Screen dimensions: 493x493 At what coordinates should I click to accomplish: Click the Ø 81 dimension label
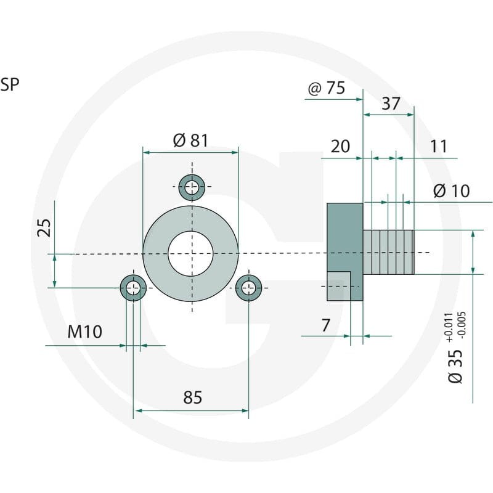click(x=190, y=141)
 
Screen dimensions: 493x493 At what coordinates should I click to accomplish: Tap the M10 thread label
click(x=85, y=332)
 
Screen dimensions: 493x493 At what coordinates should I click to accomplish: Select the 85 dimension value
click(x=192, y=397)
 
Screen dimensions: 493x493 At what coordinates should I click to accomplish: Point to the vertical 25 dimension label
click(x=44, y=227)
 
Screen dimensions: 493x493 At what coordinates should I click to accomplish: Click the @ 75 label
click(x=327, y=88)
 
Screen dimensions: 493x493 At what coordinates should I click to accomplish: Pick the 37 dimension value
click(x=391, y=104)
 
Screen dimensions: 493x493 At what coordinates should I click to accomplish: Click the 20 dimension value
click(x=340, y=146)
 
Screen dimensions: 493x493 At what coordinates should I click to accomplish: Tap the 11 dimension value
click(x=438, y=146)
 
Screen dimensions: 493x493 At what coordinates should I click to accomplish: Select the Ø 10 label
click(x=452, y=190)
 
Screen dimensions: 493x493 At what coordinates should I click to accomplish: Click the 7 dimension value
click(x=326, y=325)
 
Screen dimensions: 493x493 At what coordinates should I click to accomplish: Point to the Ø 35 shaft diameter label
click(x=455, y=366)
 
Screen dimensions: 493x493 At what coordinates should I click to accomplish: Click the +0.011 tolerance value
click(x=449, y=327)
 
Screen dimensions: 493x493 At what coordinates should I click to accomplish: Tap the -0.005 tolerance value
click(x=462, y=325)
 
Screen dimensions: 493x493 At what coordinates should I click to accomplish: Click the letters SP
click(x=10, y=84)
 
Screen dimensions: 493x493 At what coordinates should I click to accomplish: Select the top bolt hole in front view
click(x=192, y=187)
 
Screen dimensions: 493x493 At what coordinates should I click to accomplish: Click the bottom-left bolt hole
click(x=133, y=288)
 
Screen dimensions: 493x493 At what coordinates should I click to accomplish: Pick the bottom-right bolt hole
click(x=249, y=288)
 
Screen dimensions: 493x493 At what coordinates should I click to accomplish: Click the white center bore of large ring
click(x=190, y=254)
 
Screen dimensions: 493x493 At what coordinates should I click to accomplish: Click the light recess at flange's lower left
click(x=338, y=286)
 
